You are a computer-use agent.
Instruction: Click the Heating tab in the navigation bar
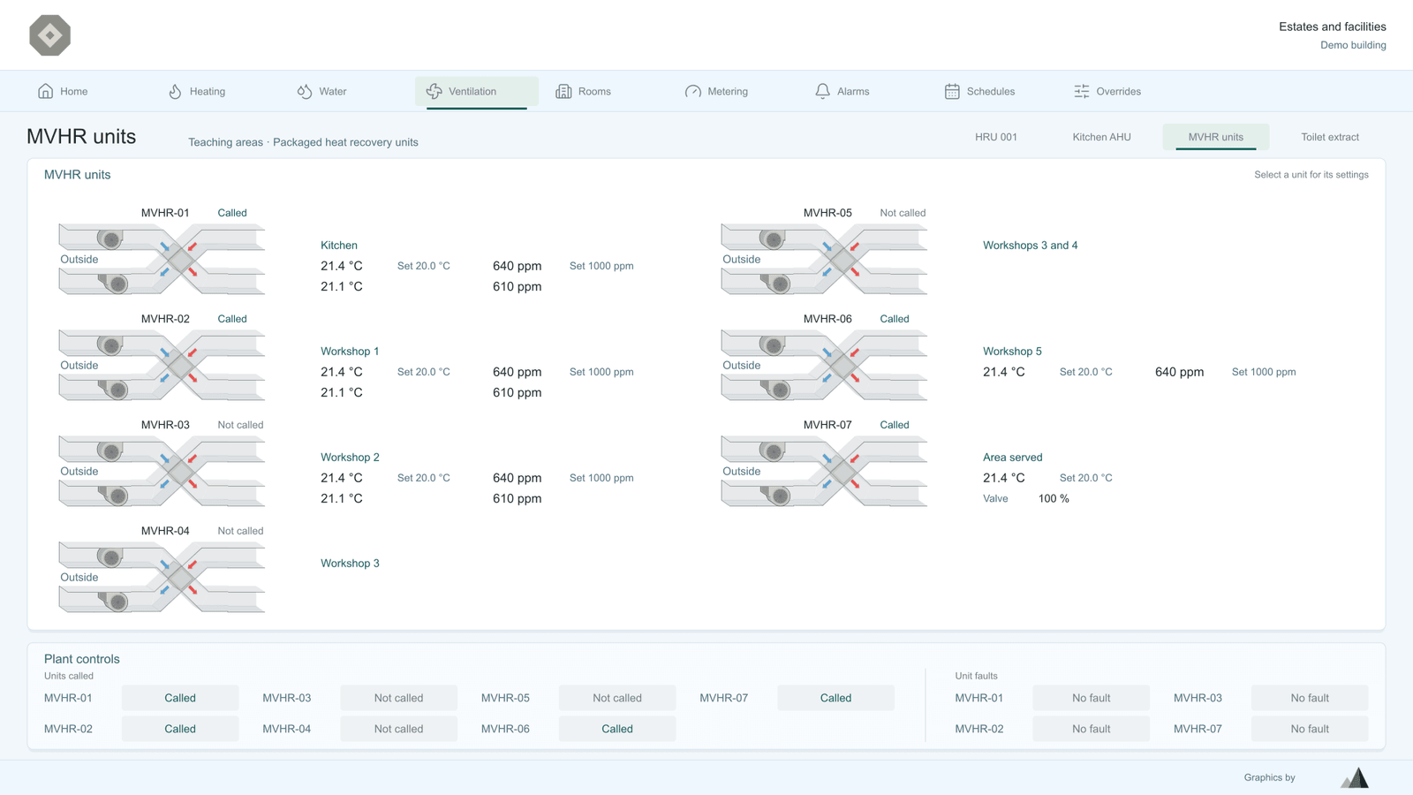click(196, 92)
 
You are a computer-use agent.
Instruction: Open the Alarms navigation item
click(842, 92)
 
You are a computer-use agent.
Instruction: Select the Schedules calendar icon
click(952, 92)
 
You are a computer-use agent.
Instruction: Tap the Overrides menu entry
click(1107, 92)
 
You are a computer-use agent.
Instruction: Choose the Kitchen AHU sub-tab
click(1101, 137)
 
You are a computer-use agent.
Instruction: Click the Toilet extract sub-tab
click(1330, 137)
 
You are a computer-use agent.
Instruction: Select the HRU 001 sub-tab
click(996, 137)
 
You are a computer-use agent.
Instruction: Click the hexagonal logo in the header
click(49, 35)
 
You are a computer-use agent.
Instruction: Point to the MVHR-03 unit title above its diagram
click(165, 425)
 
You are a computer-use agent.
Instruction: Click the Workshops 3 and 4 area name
click(1030, 246)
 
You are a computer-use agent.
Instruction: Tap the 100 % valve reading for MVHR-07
click(1054, 498)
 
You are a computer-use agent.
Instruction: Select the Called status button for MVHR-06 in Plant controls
click(617, 729)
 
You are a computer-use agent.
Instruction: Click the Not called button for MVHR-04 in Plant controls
click(398, 729)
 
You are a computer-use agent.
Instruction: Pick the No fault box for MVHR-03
click(1310, 698)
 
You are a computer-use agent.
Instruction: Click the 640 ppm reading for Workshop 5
click(1179, 372)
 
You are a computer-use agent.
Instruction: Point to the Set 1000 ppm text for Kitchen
click(601, 266)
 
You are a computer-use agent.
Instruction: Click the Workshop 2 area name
click(350, 458)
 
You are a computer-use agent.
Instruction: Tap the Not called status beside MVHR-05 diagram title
click(903, 213)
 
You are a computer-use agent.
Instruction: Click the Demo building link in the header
click(1353, 45)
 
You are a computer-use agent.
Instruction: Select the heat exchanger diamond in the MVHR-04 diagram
click(180, 577)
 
